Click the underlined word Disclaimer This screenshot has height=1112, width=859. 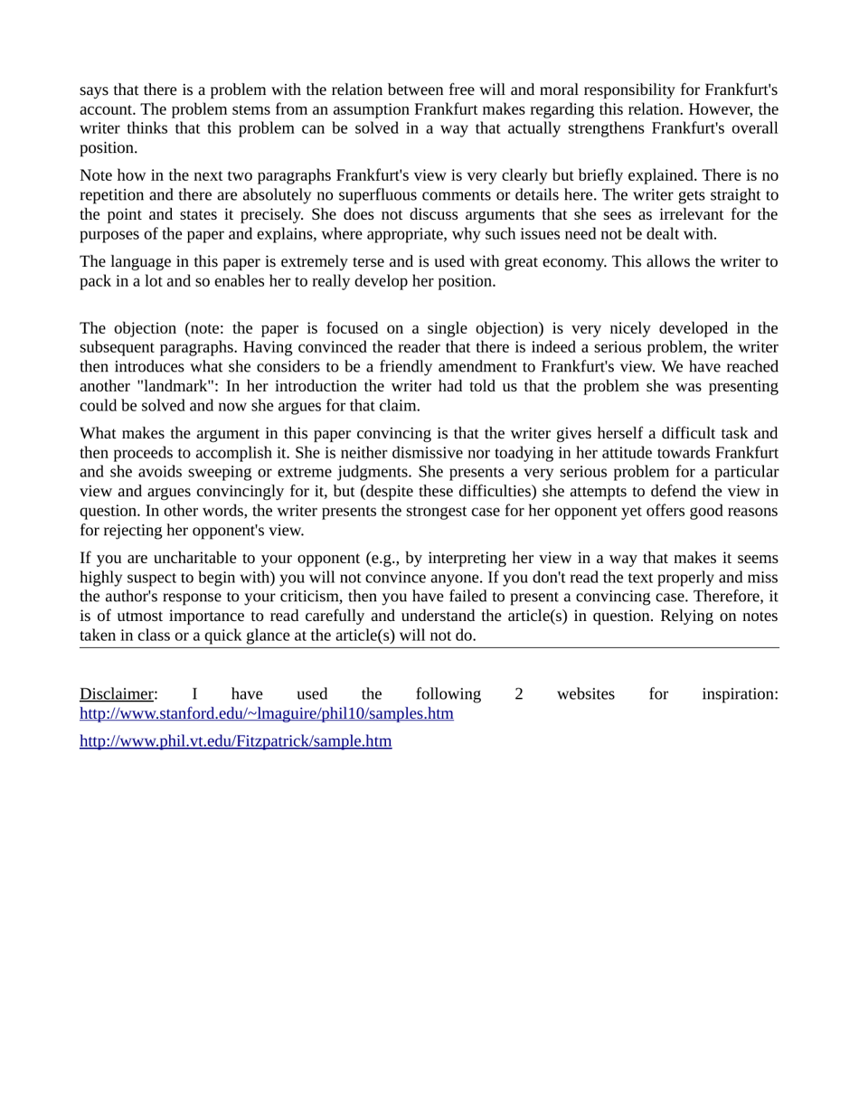pos(117,694)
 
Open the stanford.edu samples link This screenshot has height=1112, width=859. pos(267,714)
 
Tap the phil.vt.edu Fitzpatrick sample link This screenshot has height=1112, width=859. pos(235,742)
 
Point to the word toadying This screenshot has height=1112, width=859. pos(502,453)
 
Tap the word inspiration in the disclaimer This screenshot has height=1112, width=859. pos(740,694)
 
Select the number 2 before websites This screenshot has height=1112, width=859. pos(519,694)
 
